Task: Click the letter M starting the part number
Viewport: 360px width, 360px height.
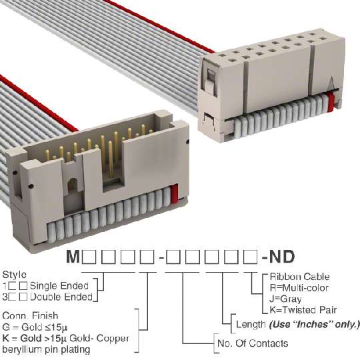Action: pos(73,257)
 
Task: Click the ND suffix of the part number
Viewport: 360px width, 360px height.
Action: pos(281,257)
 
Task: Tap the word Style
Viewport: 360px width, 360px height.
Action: pos(14,275)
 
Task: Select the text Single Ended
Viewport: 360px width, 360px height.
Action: pos(59,286)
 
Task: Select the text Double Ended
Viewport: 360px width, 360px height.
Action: pos(61,297)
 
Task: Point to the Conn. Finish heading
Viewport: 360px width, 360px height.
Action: pos(30,316)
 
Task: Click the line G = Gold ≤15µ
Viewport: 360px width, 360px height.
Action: pos(35,327)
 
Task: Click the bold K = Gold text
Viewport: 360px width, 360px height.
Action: pos(22,338)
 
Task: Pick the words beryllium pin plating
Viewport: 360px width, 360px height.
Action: pos(46,350)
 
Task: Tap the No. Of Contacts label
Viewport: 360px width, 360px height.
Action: pos(253,343)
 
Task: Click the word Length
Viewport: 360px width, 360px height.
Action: pos(251,325)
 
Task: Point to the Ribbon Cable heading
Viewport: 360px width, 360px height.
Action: pos(299,277)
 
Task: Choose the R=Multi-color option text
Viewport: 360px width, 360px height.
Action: pos(299,288)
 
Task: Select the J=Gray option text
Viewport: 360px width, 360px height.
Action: pos(285,299)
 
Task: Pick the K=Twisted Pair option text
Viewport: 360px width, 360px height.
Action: pos(303,310)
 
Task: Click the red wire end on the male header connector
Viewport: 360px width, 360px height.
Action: pos(175,193)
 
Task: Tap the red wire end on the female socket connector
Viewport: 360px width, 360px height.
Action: pos(331,101)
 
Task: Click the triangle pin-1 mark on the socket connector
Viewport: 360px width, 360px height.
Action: pos(331,83)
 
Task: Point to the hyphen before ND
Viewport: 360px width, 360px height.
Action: pos(265,258)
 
